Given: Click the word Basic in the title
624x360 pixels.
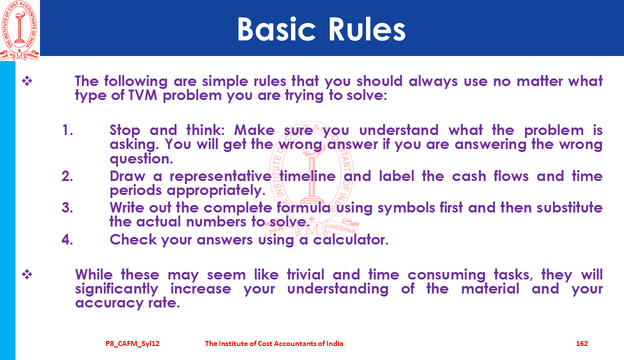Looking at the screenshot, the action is (x=276, y=29).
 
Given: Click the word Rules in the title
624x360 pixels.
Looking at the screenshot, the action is (x=367, y=29).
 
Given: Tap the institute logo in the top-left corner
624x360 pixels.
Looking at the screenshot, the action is (x=19, y=30).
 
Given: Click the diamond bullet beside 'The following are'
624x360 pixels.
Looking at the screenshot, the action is (x=27, y=81).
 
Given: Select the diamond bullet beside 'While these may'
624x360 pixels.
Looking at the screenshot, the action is (x=27, y=274).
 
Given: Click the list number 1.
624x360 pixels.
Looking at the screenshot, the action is (x=67, y=130).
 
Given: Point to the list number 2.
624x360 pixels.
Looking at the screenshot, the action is (x=67, y=176).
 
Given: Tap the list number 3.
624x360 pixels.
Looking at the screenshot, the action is (x=67, y=208).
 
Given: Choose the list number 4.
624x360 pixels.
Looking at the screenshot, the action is (x=67, y=239).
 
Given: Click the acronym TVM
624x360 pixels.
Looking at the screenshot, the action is (x=143, y=95).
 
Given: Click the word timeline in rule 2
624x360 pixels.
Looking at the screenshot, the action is (x=307, y=176).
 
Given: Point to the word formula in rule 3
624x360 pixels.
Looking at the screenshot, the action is (x=303, y=208).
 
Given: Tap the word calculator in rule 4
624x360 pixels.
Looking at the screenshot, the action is (x=350, y=239).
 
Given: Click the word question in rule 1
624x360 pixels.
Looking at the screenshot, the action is (x=141, y=159).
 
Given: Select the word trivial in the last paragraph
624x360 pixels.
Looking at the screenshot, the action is (x=305, y=274).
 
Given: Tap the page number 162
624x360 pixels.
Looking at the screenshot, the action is (x=582, y=343).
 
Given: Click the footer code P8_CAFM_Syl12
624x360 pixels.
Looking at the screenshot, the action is (x=132, y=344).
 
